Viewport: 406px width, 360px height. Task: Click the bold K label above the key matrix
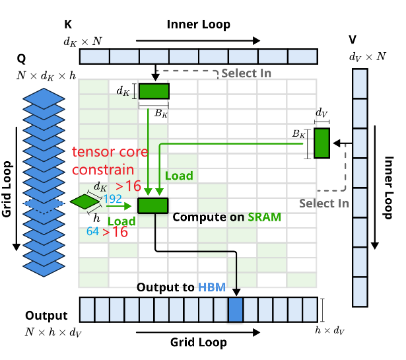tap(68, 25)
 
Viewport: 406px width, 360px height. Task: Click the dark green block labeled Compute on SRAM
tap(152, 205)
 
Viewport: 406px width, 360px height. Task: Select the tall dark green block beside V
tap(321, 143)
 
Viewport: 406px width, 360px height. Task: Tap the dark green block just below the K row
tap(154, 90)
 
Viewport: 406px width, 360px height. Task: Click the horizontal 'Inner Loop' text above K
tap(198, 24)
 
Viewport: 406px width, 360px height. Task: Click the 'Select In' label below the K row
tap(245, 73)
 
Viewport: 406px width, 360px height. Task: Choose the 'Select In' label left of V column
tap(323, 203)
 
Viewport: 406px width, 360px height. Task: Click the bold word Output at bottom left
tap(46, 315)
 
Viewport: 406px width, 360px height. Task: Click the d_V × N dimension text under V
tap(367, 56)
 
